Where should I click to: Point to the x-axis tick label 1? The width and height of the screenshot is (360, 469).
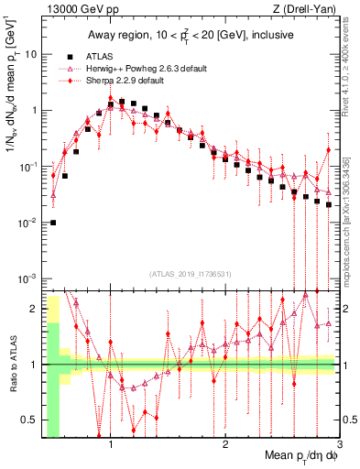point(111,446)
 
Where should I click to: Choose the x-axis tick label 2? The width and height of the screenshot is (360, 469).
point(225,446)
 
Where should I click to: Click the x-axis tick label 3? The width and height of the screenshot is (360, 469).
point(338,446)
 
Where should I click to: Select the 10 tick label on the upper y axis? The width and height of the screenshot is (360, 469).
point(30,54)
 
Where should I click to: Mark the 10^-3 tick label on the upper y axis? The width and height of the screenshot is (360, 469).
point(28,278)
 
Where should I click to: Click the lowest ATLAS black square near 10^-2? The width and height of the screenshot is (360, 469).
point(53,223)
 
